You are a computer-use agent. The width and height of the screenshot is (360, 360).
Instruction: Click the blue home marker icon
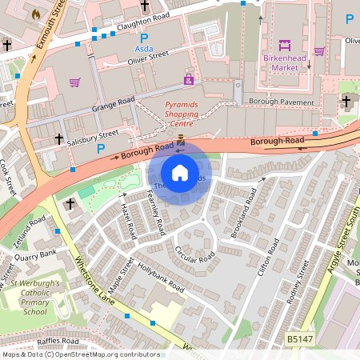180,173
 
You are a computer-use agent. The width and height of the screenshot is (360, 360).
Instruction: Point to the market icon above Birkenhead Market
285,45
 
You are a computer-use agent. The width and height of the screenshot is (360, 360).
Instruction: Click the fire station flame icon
34,14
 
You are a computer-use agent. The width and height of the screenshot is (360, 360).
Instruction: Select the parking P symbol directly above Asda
144,38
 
